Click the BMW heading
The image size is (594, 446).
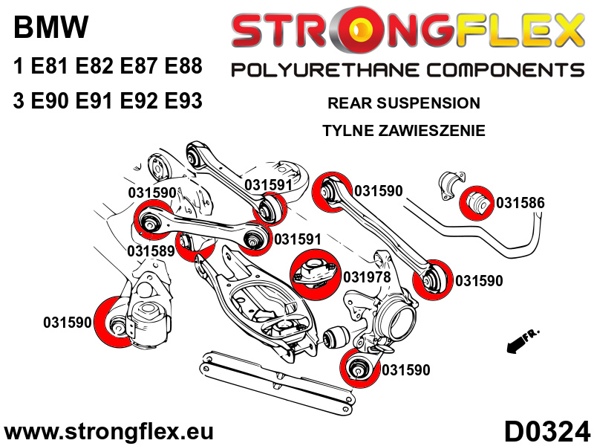(x=50, y=29)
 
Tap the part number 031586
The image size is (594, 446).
(x=520, y=202)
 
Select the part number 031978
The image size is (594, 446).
(x=367, y=277)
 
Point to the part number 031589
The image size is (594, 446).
(x=151, y=251)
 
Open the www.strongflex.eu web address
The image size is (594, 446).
(x=109, y=432)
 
